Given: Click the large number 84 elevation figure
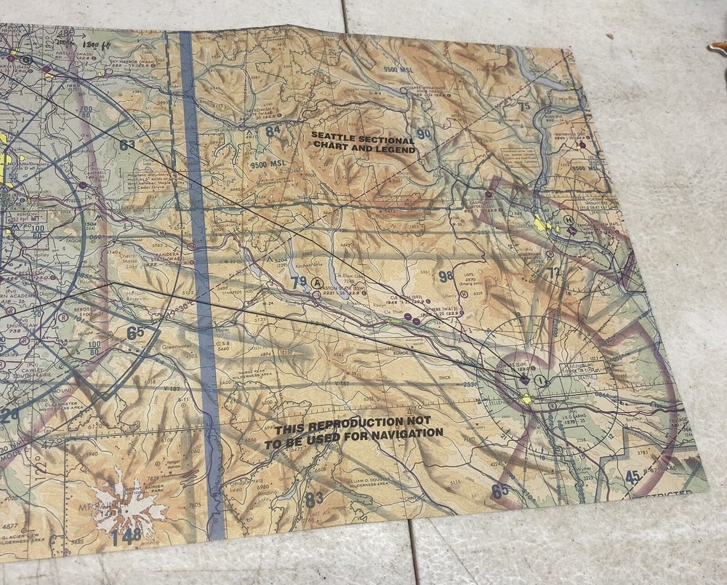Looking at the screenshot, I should [x=273, y=132].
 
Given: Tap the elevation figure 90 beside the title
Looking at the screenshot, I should [x=423, y=134].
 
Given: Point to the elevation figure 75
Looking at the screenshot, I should [x=524, y=106].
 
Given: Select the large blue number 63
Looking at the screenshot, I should [x=127, y=144].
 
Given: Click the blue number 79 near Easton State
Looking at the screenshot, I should [x=297, y=282].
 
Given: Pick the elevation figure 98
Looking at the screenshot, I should [x=446, y=276].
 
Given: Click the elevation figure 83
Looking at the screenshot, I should [x=314, y=500].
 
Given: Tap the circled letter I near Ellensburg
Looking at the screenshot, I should [x=539, y=380].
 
